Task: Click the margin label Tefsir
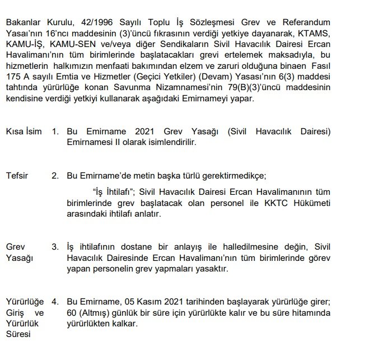17,175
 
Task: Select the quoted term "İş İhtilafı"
117,191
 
